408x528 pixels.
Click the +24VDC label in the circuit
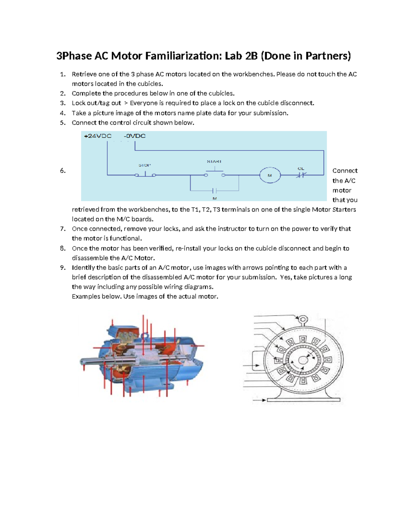point(98,136)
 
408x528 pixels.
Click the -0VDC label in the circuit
point(135,136)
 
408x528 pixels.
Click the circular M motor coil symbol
point(270,175)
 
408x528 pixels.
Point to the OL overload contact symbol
point(301,175)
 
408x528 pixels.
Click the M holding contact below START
point(215,191)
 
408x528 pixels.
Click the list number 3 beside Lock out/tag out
point(63,103)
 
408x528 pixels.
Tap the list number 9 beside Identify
point(63,268)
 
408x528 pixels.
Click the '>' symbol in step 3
point(125,103)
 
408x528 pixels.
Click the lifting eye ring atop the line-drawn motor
point(303,320)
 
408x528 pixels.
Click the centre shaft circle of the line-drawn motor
point(303,361)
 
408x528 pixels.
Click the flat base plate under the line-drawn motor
point(303,400)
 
